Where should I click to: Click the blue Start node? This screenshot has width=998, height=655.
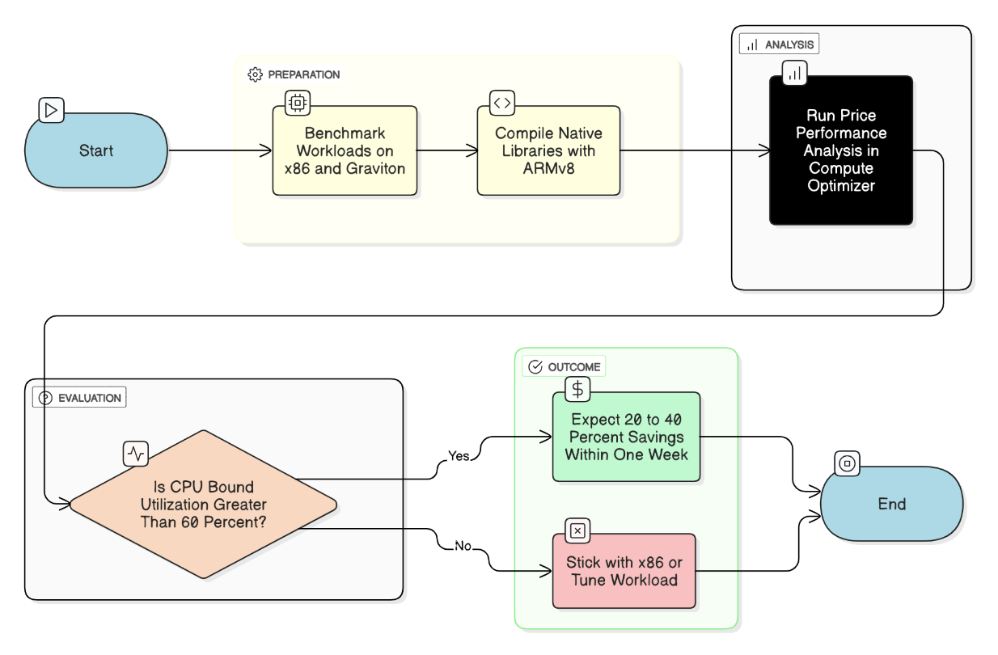coord(96,150)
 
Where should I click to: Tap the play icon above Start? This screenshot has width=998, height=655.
coord(51,110)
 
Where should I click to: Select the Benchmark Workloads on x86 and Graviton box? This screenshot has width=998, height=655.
coord(345,150)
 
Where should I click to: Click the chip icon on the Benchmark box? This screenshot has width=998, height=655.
coord(298,103)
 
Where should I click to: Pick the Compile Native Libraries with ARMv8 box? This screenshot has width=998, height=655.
coord(548,150)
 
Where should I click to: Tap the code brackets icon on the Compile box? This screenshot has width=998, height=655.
coord(502,103)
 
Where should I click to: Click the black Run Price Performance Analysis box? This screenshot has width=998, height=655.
coord(841,150)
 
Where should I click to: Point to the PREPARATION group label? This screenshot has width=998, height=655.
coord(294,74)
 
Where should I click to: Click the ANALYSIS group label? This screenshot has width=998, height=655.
coord(780,44)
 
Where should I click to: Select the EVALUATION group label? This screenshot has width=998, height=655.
coord(79,398)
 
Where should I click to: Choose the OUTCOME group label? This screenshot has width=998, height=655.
coord(564,366)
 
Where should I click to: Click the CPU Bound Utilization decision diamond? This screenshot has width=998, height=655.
coord(204,504)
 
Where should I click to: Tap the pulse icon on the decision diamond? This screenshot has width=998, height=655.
coord(136,454)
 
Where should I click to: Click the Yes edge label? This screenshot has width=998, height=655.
coord(459,456)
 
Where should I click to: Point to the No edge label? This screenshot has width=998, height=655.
coord(463,546)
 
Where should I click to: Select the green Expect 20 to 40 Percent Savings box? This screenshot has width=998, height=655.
coord(627,437)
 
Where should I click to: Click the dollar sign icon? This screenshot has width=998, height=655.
coord(577,390)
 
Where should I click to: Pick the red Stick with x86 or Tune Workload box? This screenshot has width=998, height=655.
coord(624,571)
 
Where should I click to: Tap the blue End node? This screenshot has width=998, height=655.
coord(892,504)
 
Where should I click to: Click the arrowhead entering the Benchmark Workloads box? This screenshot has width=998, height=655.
coord(266,150)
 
